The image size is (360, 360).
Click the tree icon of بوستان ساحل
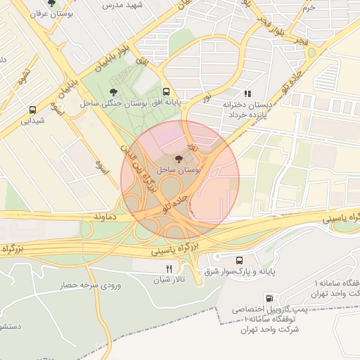coord(176,160)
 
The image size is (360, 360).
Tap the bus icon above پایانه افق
coord(167,91)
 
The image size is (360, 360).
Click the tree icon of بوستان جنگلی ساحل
coord(115,91)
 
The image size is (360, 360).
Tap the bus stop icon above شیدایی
coord(32,110)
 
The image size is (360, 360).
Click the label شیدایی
coord(32,121)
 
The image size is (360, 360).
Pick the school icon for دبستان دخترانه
coord(247,93)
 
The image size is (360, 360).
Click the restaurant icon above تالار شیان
coord(168,269)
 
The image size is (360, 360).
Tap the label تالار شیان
coord(168,280)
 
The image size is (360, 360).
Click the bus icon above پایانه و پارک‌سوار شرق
coord(240,260)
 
